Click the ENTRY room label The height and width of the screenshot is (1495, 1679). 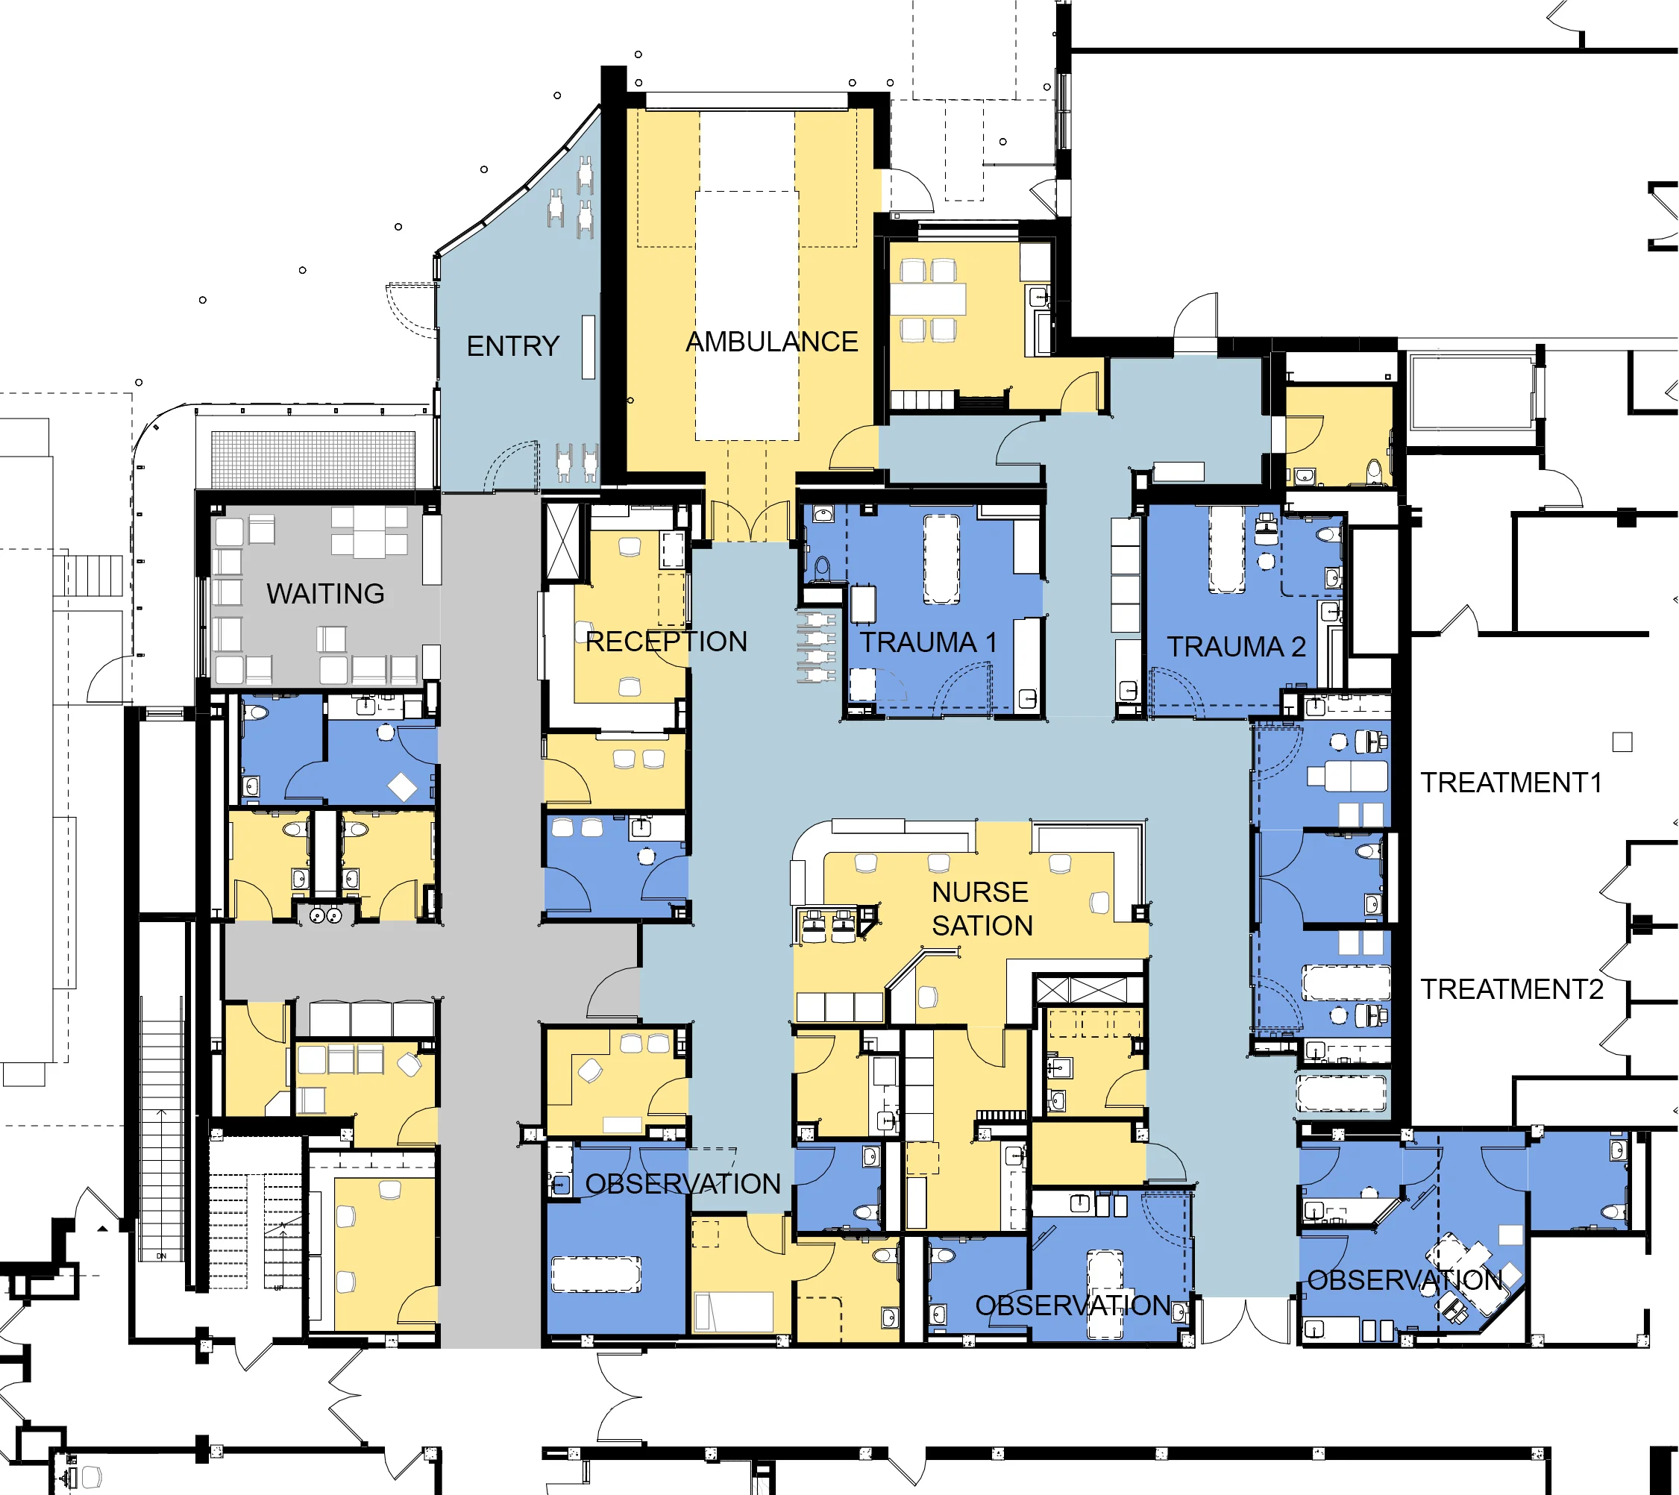(512, 346)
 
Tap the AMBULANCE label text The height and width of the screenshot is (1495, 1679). (771, 342)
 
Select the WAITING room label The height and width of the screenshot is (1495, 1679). (325, 593)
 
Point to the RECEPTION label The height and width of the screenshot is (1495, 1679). (665, 642)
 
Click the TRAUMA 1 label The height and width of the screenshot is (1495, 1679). (928, 642)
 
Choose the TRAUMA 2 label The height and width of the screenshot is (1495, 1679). (1236, 648)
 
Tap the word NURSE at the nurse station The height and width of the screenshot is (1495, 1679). (979, 892)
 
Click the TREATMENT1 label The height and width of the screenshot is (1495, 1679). (1511, 783)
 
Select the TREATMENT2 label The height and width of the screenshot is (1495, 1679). (1511, 989)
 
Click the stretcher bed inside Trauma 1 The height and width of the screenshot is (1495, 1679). (941, 560)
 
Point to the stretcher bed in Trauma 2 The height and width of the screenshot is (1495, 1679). (1225, 549)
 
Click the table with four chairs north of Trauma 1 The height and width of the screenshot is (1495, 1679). (928, 299)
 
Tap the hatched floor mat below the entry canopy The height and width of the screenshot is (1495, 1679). (313, 460)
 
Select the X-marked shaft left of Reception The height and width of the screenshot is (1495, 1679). (562, 543)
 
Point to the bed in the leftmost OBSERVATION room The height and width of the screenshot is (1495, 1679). (595, 1274)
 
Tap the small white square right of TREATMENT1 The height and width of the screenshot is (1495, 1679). (1622, 742)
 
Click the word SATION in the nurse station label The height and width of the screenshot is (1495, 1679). (982, 926)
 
